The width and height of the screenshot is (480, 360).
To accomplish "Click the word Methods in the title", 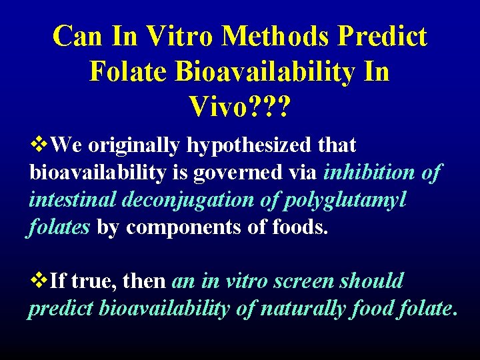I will (x=275, y=37).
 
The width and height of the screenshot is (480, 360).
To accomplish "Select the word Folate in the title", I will (x=127, y=71).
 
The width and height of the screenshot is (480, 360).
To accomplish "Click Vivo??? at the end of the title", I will (x=239, y=106).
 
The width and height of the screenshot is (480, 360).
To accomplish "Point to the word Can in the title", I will (x=75, y=37).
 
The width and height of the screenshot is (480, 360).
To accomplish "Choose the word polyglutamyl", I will (x=350, y=200).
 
